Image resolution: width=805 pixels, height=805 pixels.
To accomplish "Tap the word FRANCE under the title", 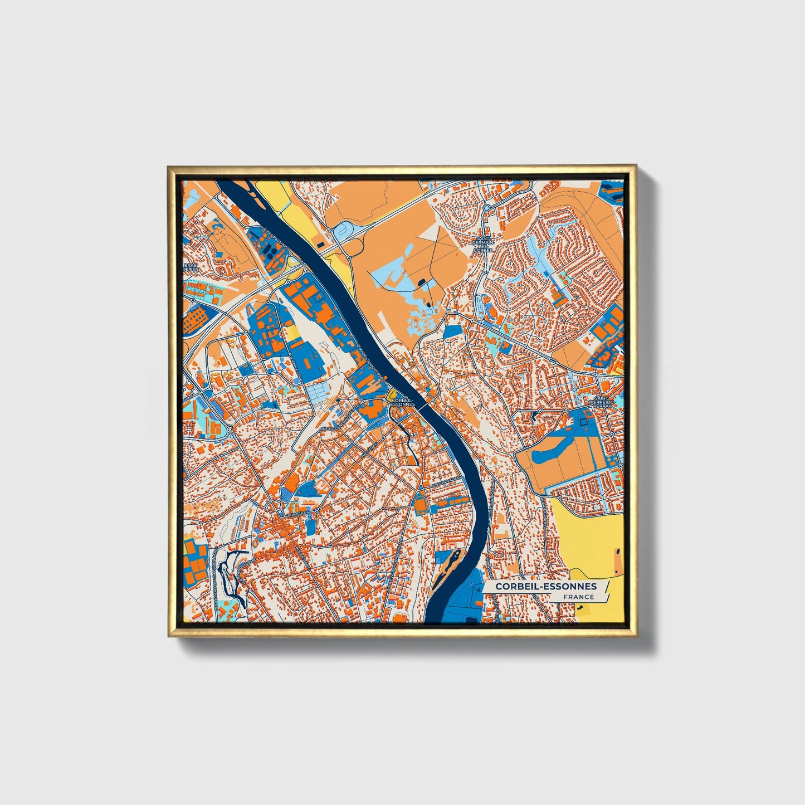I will coord(578,597).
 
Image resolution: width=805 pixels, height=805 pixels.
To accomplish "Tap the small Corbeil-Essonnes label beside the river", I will coord(403,402).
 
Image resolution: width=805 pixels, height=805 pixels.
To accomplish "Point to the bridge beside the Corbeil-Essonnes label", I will coord(426,407).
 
